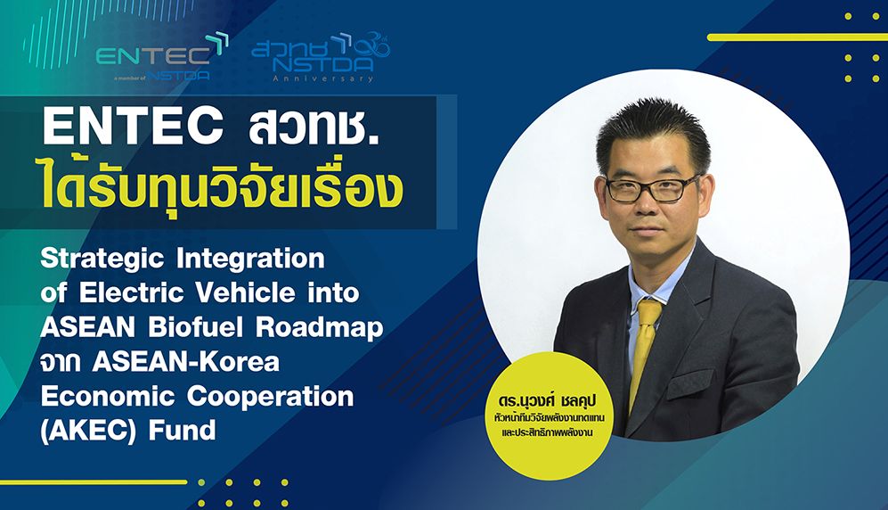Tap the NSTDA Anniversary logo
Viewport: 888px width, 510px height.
(321, 58)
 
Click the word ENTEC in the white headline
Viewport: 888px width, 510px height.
(133, 127)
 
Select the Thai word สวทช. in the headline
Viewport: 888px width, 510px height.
(314, 127)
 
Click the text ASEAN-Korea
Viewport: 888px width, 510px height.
(186, 362)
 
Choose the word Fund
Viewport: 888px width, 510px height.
(183, 431)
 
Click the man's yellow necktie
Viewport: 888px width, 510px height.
(645, 351)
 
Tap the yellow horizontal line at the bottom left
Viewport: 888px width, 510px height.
(94, 482)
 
